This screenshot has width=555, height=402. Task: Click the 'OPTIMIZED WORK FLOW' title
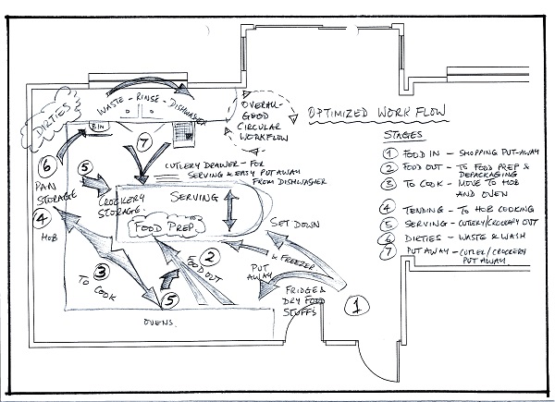point(378,112)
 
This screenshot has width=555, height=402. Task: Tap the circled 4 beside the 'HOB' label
point(42,219)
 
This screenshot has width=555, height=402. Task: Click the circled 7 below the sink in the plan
point(142,142)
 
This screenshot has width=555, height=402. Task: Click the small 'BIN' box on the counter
point(94,123)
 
